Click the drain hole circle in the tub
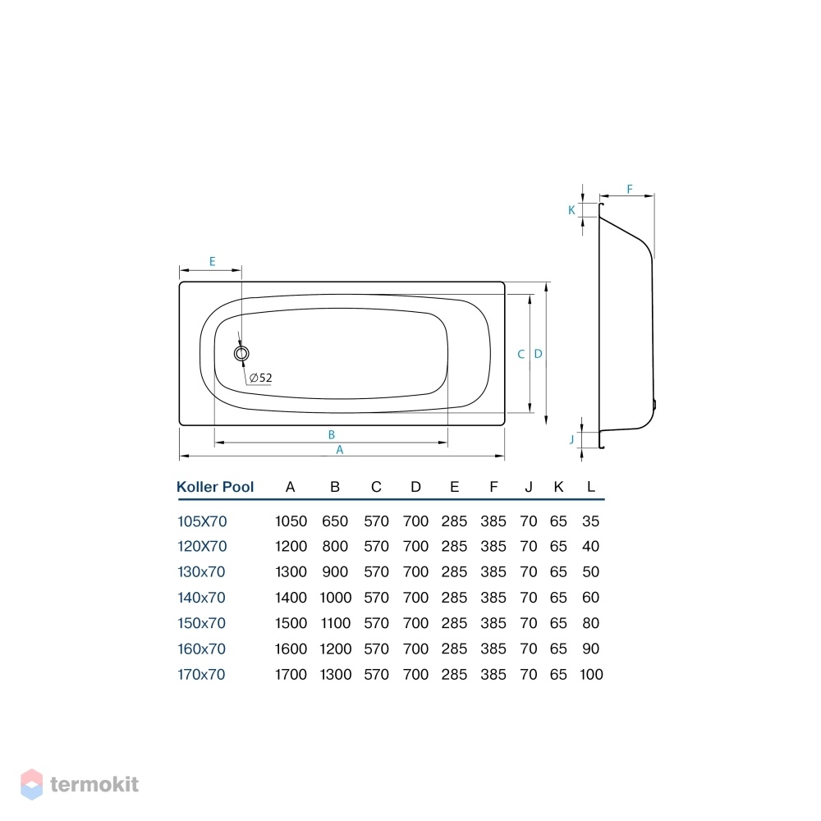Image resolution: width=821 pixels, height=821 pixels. coord(241,353)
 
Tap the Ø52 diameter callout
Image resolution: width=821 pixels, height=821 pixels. coord(261,378)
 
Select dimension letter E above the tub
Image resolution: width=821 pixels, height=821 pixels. coord(212,261)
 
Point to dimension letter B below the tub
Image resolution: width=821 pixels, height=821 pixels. coord(332,434)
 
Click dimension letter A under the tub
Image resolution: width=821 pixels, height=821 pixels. coord(340,450)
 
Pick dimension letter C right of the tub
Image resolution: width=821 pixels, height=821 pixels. coord(521,355)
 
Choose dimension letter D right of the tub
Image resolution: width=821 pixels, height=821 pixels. coord(539,354)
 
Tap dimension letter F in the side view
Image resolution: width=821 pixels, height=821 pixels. coord(630,189)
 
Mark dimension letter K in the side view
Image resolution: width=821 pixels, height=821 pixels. coord(571,210)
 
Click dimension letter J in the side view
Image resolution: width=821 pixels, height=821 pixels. coord(571,439)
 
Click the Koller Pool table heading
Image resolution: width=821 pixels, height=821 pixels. coord(215,487)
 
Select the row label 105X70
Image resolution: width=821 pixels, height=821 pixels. coord(202,521)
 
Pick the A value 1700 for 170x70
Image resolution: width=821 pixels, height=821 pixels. coord(291,674)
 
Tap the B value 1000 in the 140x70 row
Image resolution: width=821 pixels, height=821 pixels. coord(336,598)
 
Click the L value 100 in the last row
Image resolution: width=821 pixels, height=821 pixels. coord(591,674)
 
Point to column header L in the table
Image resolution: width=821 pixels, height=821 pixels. coord(590,487)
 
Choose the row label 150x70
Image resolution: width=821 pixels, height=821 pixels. coord(202,623)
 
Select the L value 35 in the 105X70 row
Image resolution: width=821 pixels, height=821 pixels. coord(590,521)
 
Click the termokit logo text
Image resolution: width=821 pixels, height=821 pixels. coord(94,784)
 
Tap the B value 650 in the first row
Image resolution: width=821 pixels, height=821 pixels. coord(335,521)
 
